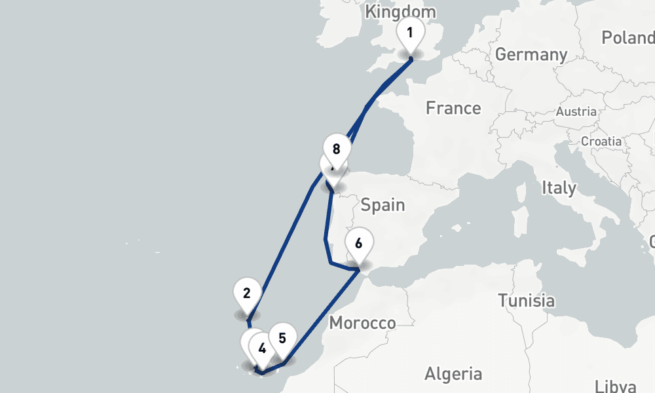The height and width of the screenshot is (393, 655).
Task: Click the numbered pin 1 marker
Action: pyautogui.click(x=410, y=32)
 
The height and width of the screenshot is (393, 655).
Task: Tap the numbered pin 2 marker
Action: pyautogui.click(x=247, y=293)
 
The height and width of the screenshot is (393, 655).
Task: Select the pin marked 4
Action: pyautogui.click(x=262, y=348)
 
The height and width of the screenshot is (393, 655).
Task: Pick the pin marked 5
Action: pyautogui.click(x=282, y=339)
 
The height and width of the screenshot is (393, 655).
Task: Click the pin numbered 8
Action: pyautogui.click(x=336, y=149)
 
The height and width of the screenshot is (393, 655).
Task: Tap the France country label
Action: pyautogui.click(x=453, y=108)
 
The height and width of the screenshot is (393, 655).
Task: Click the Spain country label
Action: pyautogui.click(x=383, y=205)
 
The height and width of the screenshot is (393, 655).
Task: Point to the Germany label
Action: pyautogui.click(x=531, y=54)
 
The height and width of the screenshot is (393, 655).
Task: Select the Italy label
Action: pyautogui.click(x=559, y=189)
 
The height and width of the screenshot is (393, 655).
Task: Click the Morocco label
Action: pyautogui.click(x=362, y=323)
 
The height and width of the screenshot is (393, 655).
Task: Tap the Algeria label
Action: pyautogui.click(x=453, y=374)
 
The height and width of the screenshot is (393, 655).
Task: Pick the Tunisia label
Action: pyautogui.click(x=526, y=301)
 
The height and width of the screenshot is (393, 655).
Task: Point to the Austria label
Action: pyautogui.click(x=576, y=112)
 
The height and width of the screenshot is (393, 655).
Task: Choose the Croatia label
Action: pyautogui.click(x=601, y=141)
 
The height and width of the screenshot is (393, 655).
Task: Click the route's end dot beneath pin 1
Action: pyautogui.click(x=411, y=59)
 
